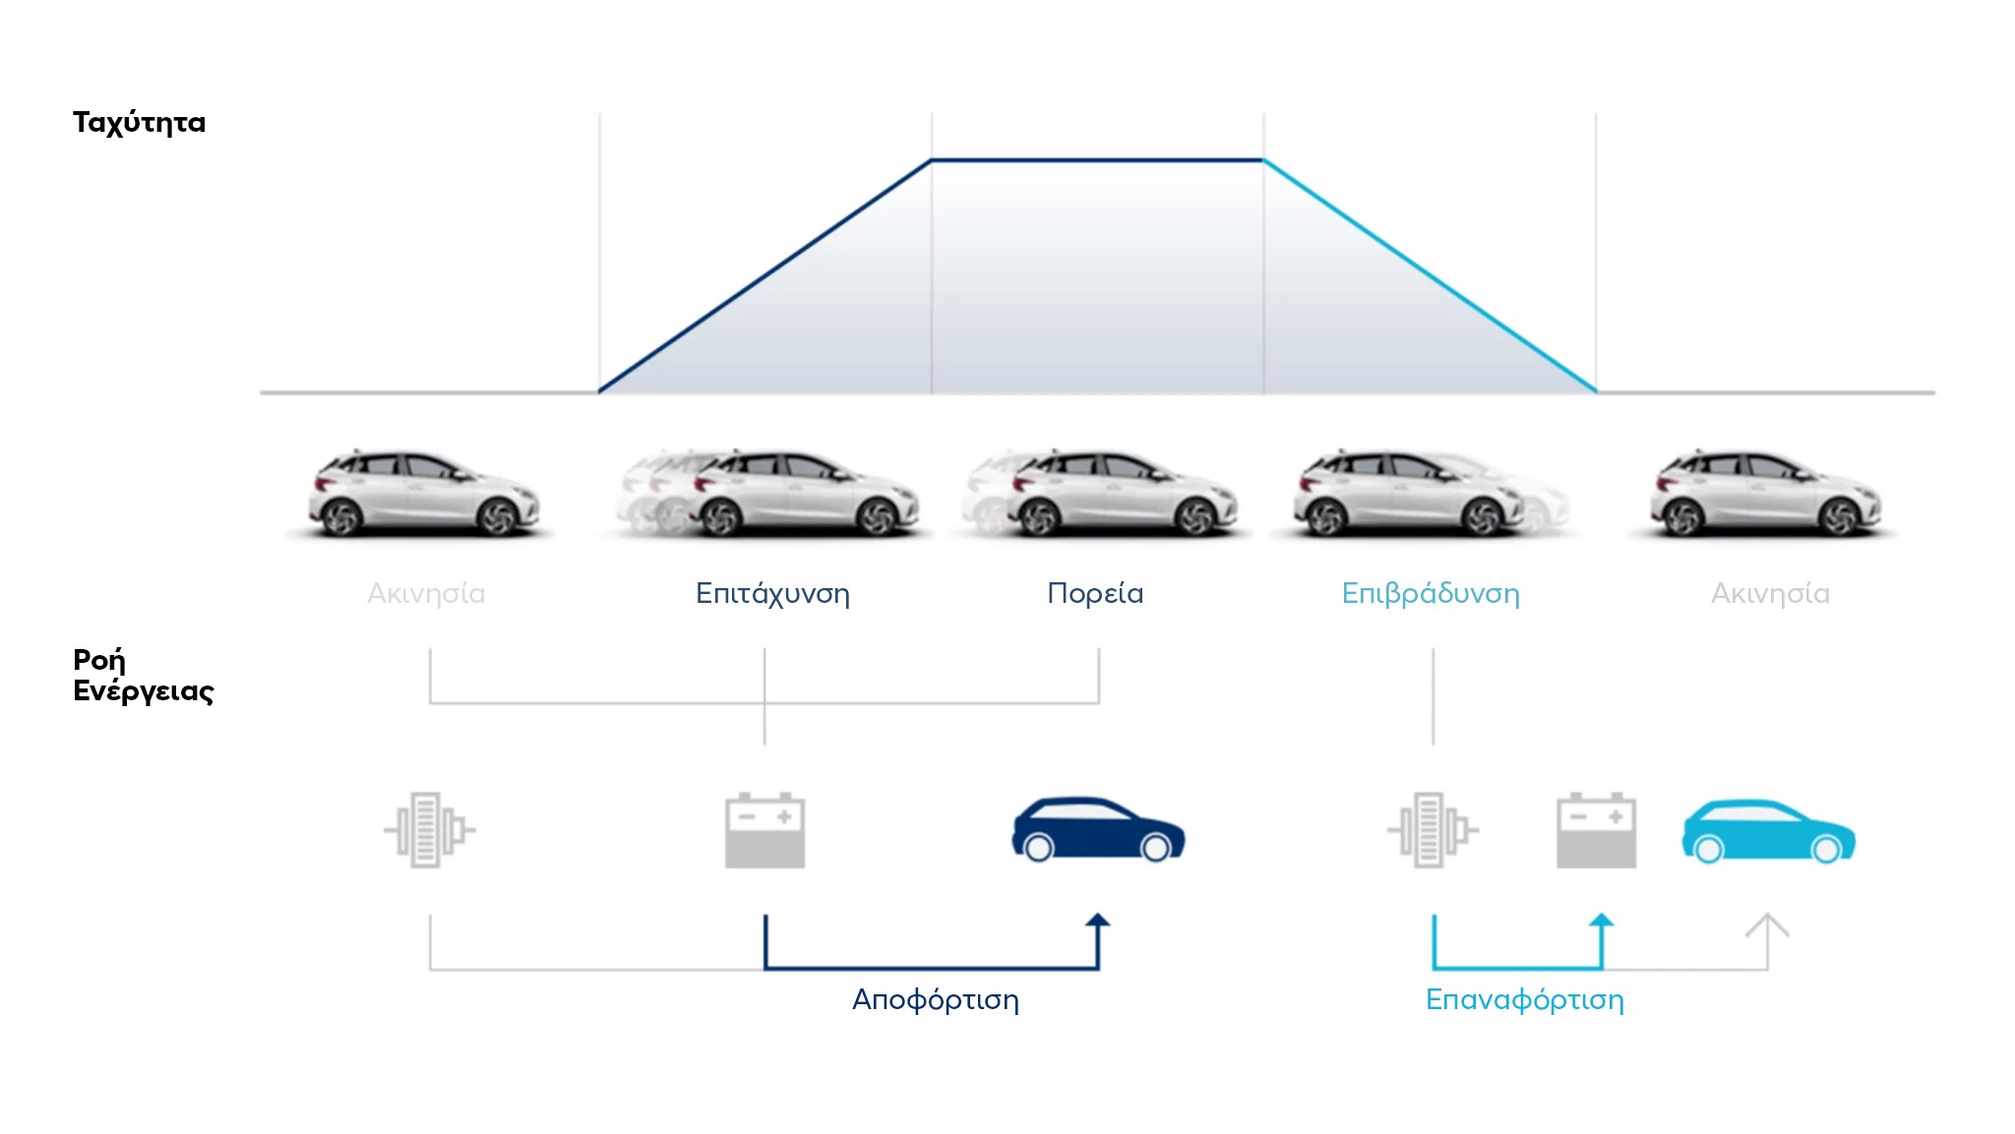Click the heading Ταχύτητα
pyautogui.click(x=139, y=123)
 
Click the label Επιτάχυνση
pyautogui.click(x=772, y=593)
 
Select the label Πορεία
pyautogui.click(x=1095, y=593)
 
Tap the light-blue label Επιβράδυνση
pyautogui.click(x=1431, y=593)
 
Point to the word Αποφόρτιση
pyautogui.click(x=936, y=999)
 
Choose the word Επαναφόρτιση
pyautogui.click(x=1525, y=999)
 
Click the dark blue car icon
pyautogui.click(x=1098, y=829)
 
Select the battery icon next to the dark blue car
pyautogui.click(x=764, y=830)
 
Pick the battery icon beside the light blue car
pyautogui.click(x=1596, y=830)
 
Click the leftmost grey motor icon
pyautogui.click(x=430, y=830)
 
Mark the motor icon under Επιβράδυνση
pyautogui.click(x=1434, y=830)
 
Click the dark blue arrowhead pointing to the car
pyautogui.click(x=1098, y=921)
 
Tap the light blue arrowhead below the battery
pyautogui.click(x=1602, y=921)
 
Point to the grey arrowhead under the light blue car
pyautogui.click(x=1767, y=924)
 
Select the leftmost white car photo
pyautogui.click(x=424, y=493)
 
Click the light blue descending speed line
pyautogui.click(x=1430, y=275)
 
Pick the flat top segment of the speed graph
pyautogui.click(x=1097, y=159)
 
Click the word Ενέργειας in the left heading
pyautogui.click(x=144, y=691)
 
